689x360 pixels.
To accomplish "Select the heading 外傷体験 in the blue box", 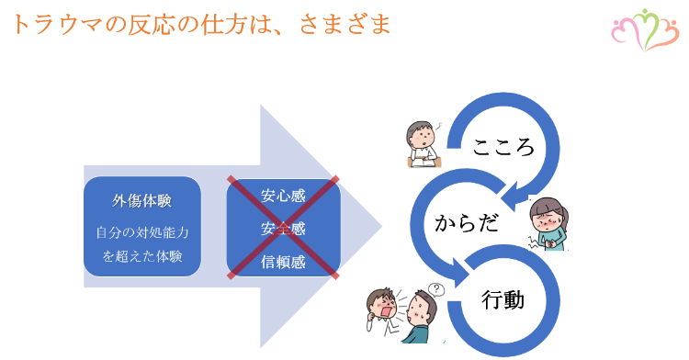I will (x=142, y=200).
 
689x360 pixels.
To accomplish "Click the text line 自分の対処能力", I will (x=142, y=232).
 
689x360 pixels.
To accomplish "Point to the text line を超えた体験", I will (x=142, y=256).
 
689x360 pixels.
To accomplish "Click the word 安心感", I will (x=283, y=195).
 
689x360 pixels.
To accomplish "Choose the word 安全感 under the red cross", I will (x=283, y=228).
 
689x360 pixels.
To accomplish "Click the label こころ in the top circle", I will (x=503, y=147).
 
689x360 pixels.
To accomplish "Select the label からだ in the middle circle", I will (x=467, y=223).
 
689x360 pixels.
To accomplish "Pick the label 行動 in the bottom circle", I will (x=503, y=299).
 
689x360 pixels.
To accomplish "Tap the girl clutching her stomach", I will (x=551, y=226).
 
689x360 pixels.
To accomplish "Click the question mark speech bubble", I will (x=436, y=288).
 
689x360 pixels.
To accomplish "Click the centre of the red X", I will (x=283, y=227).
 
